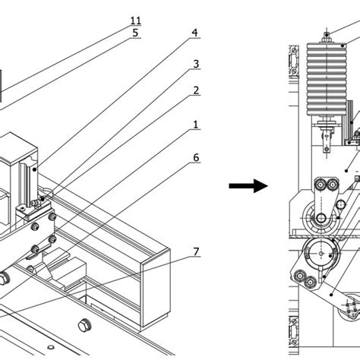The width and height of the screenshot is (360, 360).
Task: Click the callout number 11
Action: click(135, 20)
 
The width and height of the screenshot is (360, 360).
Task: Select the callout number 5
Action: click(135, 33)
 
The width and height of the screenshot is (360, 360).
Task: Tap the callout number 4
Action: click(195, 33)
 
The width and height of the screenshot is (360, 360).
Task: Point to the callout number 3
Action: click(195, 64)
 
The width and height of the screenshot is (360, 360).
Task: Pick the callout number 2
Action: click(195, 90)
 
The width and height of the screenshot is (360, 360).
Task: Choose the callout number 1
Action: click(195, 124)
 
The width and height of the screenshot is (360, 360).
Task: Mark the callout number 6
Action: click(195, 158)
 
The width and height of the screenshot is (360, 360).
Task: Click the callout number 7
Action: click(195, 251)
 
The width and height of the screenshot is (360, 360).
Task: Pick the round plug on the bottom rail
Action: click(84, 327)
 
